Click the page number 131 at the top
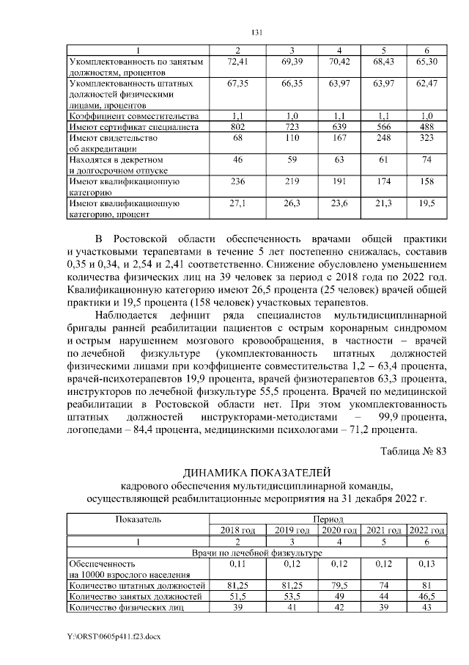256,32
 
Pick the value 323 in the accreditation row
426,138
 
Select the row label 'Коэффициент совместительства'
133,117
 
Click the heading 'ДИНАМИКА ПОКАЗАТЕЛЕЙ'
256,471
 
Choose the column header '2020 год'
340,530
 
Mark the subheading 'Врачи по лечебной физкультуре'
256,552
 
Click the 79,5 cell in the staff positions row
340,586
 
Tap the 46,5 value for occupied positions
426,597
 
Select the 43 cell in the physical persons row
426,608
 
